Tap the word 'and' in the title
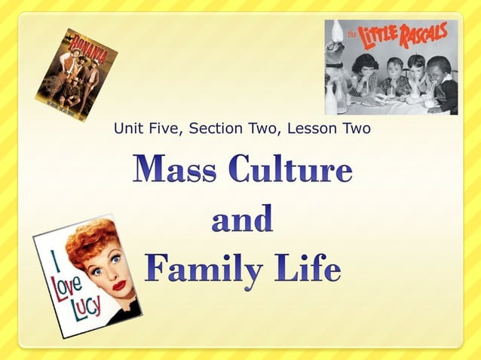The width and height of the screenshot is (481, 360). [242, 220]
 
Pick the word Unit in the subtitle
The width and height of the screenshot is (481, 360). [128, 129]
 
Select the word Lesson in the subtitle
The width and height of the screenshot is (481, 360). [313, 129]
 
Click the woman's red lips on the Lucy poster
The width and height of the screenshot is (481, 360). [118, 285]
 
